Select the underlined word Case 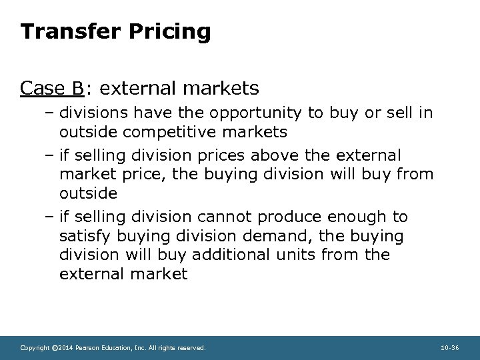click(42, 87)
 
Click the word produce click(289, 217)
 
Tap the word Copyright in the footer click(35, 348)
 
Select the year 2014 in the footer click(65, 348)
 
